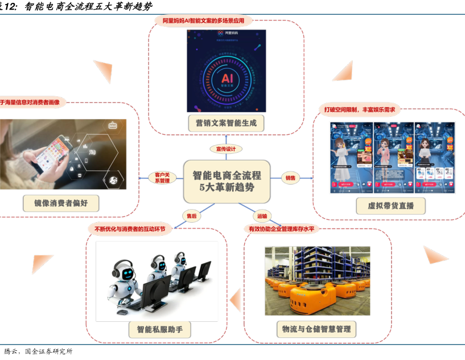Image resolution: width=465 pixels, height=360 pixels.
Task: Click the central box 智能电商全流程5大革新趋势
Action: coord(227,182)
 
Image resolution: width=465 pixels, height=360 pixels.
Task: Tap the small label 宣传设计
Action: coord(226,149)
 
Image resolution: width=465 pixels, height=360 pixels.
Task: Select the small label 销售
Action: coord(291,178)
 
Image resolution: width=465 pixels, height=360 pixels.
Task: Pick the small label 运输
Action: coord(262,216)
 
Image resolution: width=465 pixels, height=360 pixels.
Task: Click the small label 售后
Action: coord(191,216)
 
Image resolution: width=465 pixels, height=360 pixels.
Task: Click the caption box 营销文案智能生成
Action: coord(227,122)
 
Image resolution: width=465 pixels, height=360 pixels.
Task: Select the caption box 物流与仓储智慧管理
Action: coord(316,329)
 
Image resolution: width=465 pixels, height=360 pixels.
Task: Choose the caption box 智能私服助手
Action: coord(159,330)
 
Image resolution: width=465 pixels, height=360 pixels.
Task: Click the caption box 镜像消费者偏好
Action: coord(61,203)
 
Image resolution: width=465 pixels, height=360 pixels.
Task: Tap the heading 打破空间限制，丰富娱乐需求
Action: coord(359,110)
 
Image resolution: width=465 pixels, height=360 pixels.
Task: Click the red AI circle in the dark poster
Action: coord(227,78)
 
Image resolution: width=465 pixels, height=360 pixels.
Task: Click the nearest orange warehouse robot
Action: coord(311,298)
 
